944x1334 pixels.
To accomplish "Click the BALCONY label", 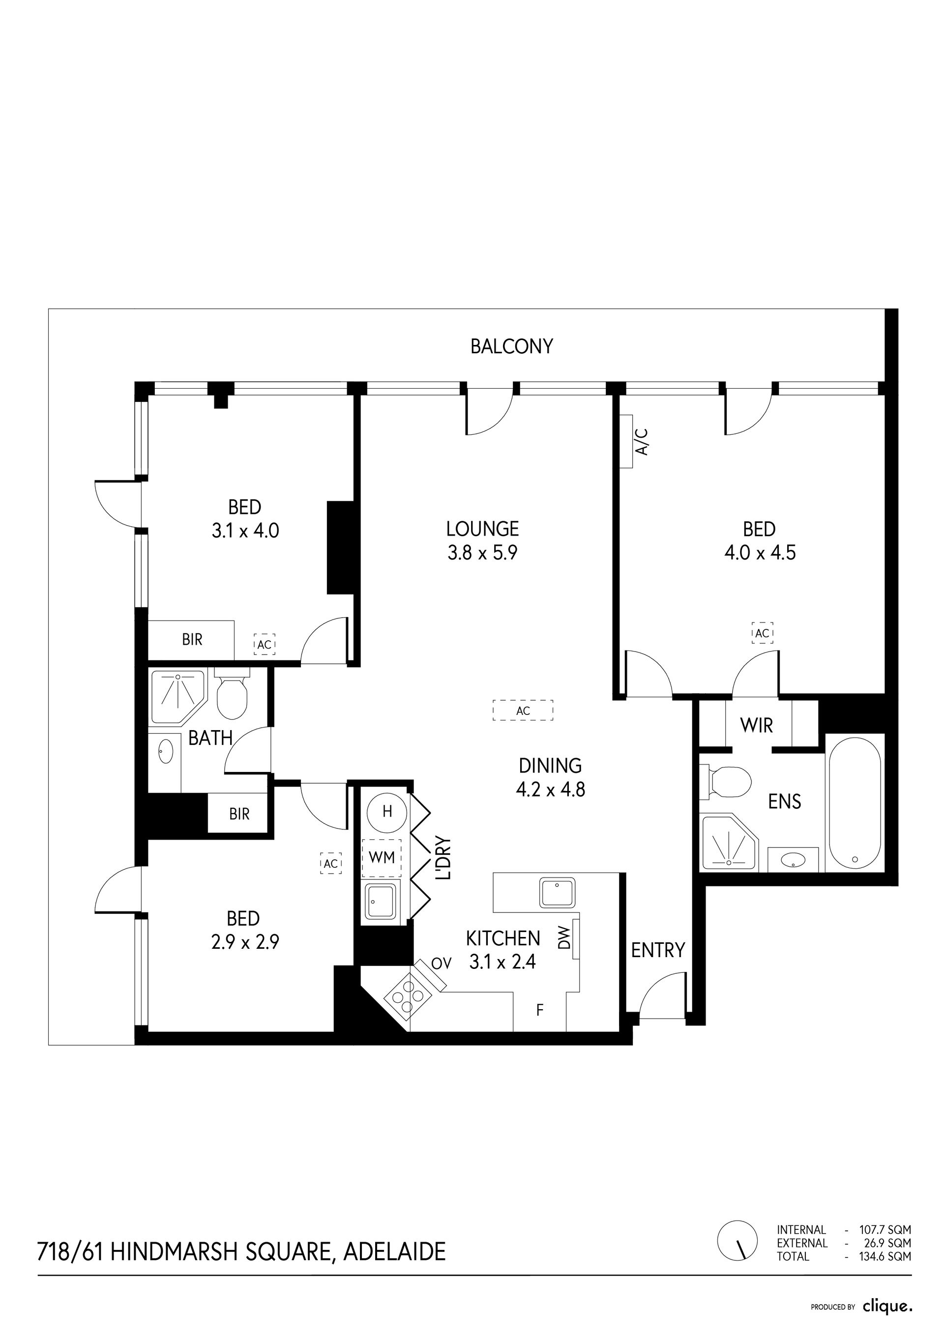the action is coord(511,346).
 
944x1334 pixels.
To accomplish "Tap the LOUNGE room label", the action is coord(482,529).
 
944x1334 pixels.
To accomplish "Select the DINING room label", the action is coord(550,766).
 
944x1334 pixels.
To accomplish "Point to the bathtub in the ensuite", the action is coord(855,804).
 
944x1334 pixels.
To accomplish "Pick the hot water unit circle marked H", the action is coord(387,812).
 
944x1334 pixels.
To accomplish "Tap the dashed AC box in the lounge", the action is coord(523,710).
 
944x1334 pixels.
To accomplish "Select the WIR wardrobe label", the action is coord(756,725).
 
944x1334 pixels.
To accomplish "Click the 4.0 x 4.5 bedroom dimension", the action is coord(760,553).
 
